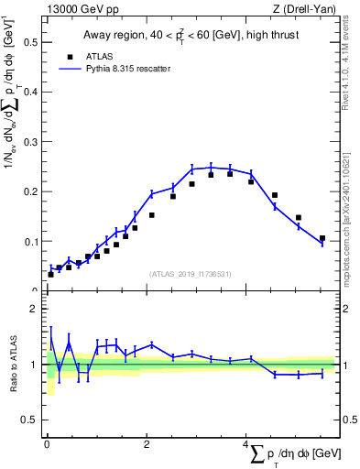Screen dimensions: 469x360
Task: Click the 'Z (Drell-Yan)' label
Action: click(302, 9)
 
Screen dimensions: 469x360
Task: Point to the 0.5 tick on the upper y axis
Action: click(28, 42)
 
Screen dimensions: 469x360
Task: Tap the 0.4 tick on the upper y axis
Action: click(28, 93)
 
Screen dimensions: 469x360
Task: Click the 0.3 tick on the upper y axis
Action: click(28, 142)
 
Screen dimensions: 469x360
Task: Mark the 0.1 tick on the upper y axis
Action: click(28, 242)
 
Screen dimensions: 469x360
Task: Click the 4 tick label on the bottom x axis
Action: click(246, 444)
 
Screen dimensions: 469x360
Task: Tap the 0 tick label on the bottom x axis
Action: click(47, 444)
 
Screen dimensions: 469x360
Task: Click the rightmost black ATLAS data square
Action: click(322, 238)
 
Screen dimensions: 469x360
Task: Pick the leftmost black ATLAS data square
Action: click(51, 274)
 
